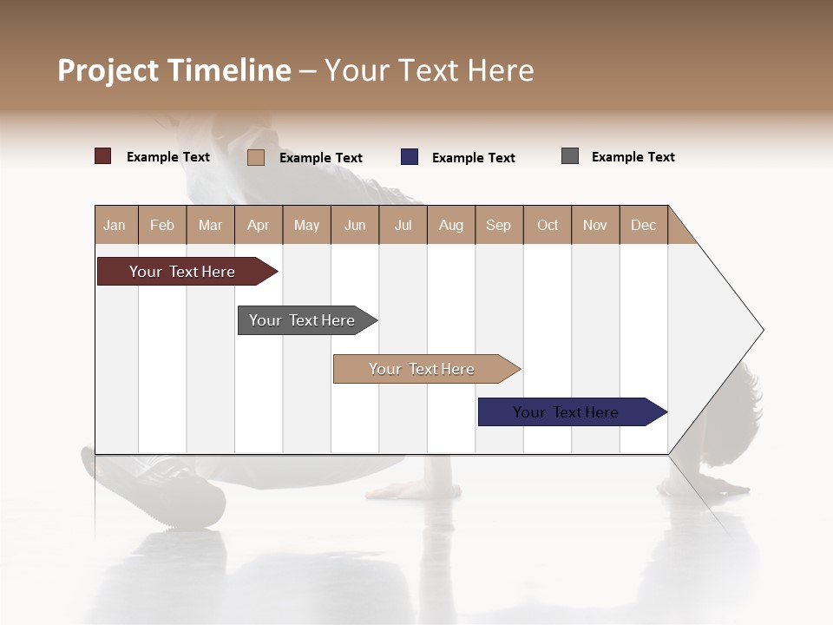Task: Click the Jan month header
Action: coord(115,225)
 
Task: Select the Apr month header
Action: coord(258,225)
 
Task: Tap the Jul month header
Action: coord(403,225)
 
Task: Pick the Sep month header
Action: coord(498,225)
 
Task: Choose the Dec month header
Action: coord(643,225)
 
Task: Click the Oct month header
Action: coord(548,225)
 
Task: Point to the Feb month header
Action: coord(162,225)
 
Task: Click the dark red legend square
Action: coord(102,156)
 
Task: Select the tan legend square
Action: coord(255,157)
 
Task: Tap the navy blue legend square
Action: coord(410,157)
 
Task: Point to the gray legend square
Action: coord(570,156)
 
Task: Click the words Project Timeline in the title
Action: coord(174,70)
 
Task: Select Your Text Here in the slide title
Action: coord(429,70)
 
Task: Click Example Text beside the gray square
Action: coord(633,157)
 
